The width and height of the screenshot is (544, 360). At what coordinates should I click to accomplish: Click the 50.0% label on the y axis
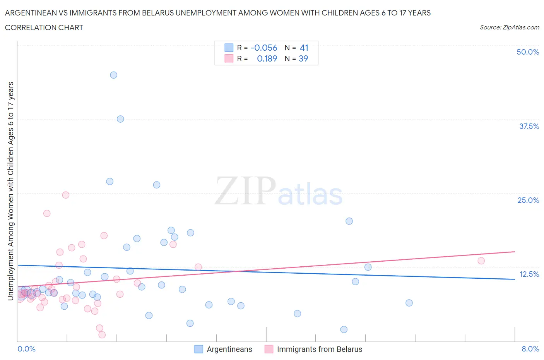point(528,52)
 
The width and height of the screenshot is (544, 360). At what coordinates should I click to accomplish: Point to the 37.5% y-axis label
point(529,126)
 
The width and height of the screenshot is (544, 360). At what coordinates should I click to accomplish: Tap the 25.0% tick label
point(528,200)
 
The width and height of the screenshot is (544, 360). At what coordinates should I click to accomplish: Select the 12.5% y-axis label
point(529,274)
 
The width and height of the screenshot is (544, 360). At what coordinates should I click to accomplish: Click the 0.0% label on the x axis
point(26,349)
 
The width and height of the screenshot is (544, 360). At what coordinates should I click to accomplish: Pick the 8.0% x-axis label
point(530,349)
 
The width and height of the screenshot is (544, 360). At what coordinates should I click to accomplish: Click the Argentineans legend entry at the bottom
point(229,349)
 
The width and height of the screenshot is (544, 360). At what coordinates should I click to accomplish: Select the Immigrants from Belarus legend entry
point(319,349)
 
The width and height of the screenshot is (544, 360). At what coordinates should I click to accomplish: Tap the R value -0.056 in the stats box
point(264,48)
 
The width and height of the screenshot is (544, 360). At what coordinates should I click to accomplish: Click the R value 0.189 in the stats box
point(267,58)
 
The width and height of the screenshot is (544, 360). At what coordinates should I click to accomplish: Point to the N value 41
point(304,48)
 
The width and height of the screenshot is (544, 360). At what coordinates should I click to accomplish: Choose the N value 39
point(304,58)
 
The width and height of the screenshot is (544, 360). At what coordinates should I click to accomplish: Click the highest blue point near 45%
point(113,75)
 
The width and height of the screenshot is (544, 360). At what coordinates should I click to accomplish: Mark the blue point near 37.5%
point(120,119)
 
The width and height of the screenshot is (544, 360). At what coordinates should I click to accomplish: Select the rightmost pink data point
point(481,261)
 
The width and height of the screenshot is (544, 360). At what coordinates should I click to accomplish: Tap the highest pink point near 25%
point(66,195)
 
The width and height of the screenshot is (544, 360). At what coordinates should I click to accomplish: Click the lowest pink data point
point(102,335)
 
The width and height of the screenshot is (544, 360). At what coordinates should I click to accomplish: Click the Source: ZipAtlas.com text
point(509,27)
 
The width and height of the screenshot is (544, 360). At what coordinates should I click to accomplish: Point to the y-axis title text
point(10,191)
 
